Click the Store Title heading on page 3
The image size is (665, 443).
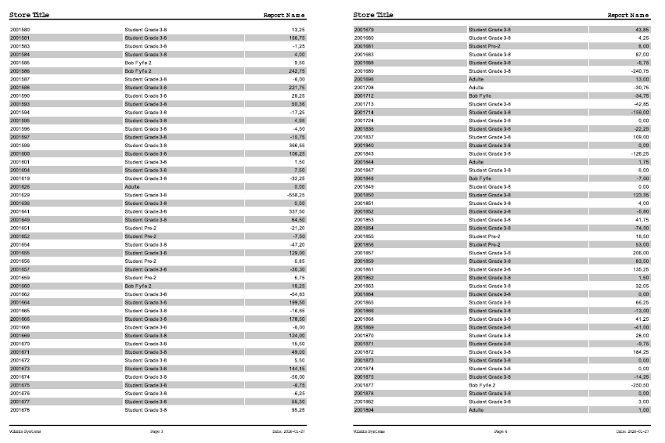click(x=29, y=15)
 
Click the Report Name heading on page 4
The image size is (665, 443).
click(x=628, y=15)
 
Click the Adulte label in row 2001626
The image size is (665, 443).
click(x=132, y=187)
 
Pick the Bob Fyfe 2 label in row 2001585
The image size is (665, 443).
click(x=138, y=63)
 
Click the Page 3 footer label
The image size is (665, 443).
click(x=156, y=431)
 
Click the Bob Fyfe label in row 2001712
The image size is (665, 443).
click(x=480, y=95)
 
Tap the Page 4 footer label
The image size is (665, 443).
click(x=501, y=431)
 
